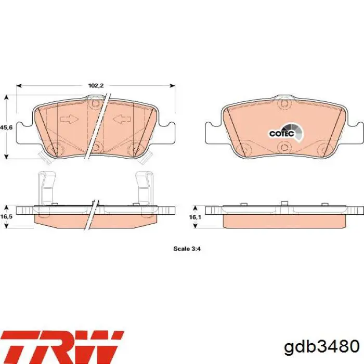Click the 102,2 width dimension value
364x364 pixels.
[96, 86]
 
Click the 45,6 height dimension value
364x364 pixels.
[6, 127]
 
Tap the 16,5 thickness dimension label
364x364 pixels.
[6, 216]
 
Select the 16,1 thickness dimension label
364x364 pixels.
[195, 217]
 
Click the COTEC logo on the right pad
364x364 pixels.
[286, 132]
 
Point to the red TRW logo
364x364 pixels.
[62, 347]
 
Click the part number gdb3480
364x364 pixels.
[322, 347]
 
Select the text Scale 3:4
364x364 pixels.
[187, 249]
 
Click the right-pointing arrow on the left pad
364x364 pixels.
[69, 119]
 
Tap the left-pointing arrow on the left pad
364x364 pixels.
[122, 119]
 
